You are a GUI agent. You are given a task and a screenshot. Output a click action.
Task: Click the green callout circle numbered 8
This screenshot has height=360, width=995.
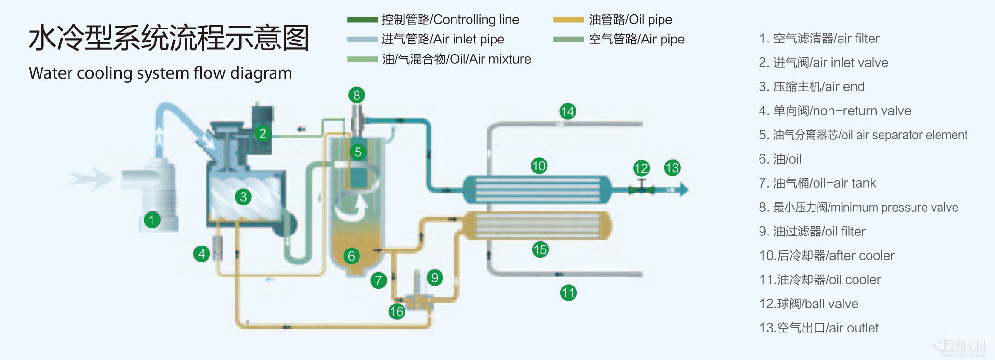[x=357, y=95]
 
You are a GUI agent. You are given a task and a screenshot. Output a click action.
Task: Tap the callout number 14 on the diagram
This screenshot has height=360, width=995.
[x=567, y=111]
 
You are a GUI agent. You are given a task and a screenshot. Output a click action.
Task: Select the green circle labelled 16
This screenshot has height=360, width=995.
[x=397, y=312]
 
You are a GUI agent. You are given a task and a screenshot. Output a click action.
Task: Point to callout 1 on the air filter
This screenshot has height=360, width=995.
[x=152, y=221]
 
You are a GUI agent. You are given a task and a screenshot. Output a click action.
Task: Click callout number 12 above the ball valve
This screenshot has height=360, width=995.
[x=641, y=168]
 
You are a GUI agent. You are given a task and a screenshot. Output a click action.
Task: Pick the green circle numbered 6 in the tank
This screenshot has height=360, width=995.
[x=351, y=256]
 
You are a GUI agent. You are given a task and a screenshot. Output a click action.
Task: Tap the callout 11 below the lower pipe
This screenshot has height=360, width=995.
[x=568, y=292]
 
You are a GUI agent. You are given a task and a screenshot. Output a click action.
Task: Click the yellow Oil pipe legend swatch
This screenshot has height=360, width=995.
[x=568, y=20]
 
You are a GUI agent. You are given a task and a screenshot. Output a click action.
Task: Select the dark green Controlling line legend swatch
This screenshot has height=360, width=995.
[x=362, y=20]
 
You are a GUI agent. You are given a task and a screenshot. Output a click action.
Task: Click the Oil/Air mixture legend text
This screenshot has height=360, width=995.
[x=456, y=59]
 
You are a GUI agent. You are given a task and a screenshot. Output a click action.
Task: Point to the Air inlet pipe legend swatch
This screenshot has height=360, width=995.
[x=362, y=40]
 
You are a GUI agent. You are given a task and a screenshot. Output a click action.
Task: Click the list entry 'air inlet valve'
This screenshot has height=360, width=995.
[x=823, y=63]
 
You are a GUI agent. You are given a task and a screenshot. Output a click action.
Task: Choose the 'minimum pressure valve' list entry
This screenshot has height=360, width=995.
[x=858, y=208]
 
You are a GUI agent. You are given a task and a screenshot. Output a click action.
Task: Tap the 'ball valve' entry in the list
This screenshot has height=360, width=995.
[x=809, y=304]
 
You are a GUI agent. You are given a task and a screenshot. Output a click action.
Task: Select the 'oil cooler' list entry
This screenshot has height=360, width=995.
[x=820, y=280]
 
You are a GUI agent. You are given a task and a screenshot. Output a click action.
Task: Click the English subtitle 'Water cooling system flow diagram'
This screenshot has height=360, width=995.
[x=160, y=73]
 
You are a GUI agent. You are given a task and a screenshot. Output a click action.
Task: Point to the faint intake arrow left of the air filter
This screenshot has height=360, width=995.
[x=89, y=179]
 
